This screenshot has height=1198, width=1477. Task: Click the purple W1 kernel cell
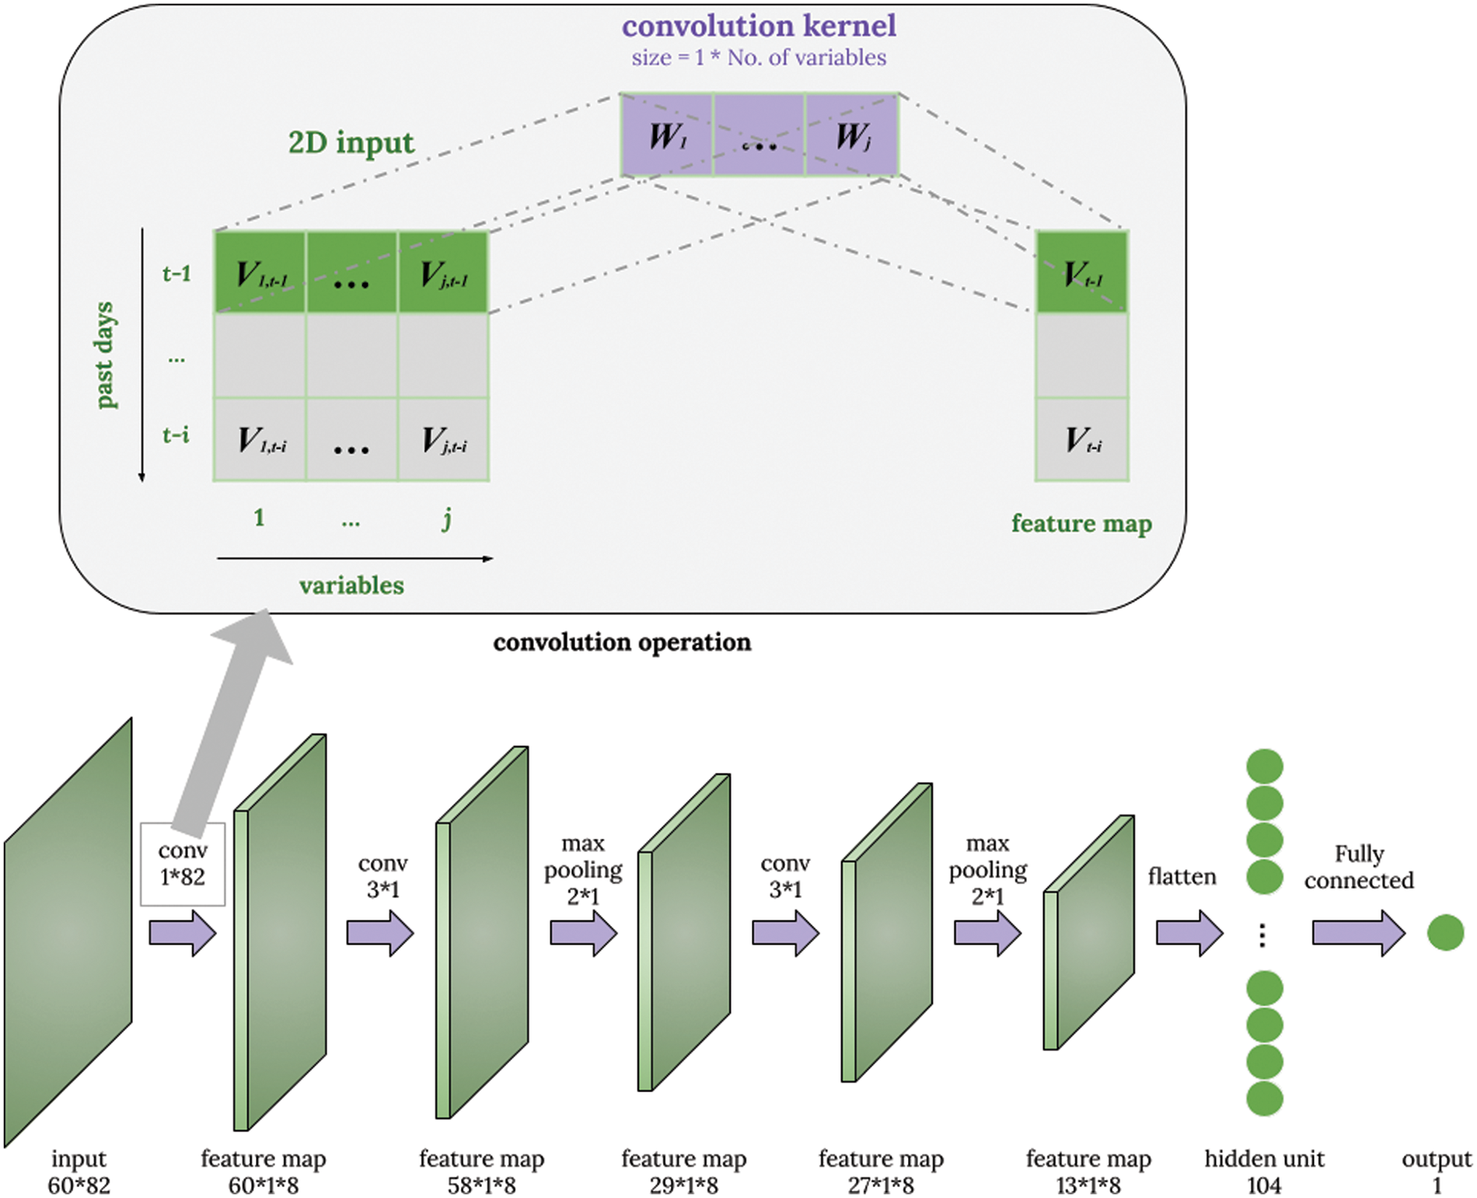[x=667, y=135]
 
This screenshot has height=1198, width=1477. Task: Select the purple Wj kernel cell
[x=852, y=135]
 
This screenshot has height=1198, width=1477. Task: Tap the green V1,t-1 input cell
[x=260, y=273]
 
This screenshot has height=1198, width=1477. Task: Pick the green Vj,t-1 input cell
[x=443, y=273]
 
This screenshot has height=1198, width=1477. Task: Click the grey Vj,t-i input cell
[x=443, y=440]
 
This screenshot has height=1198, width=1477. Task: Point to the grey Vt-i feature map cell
[x=1081, y=440]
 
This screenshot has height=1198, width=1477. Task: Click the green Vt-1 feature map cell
[x=1081, y=273]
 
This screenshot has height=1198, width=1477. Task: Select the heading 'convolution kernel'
[x=759, y=26]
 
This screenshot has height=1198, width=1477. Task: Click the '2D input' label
[x=351, y=142]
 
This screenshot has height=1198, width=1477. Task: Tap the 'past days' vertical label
[x=105, y=355]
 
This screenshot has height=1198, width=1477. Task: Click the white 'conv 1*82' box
[x=183, y=864]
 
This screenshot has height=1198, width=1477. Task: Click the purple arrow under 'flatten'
[x=1189, y=932]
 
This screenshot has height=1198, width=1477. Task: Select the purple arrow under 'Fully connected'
[x=1357, y=932]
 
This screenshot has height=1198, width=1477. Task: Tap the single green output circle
[x=1445, y=932]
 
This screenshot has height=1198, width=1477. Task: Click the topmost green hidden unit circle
[x=1264, y=766]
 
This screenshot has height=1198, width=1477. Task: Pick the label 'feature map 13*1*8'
[x=1088, y=1172]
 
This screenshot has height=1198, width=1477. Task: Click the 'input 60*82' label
[x=79, y=1172]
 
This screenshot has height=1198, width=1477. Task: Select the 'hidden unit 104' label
[x=1264, y=1172]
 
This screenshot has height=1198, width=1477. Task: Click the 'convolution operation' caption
[x=622, y=642]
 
